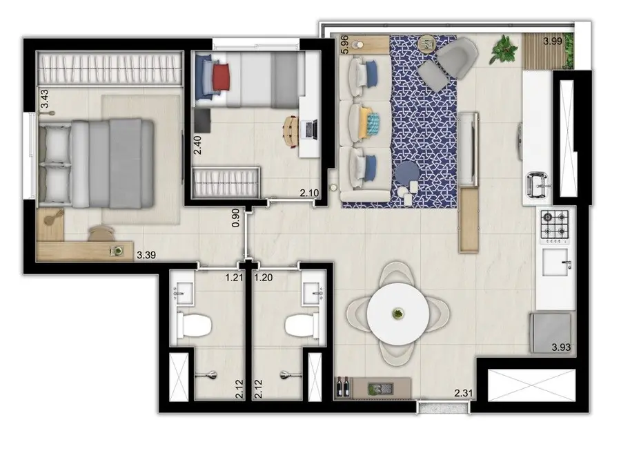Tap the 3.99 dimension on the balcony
(x=553, y=41)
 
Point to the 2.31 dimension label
(x=464, y=394)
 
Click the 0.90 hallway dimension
(x=236, y=218)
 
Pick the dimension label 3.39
(x=146, y=255)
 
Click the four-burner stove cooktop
(x=556, y=226)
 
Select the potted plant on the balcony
(x=505, y=50)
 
